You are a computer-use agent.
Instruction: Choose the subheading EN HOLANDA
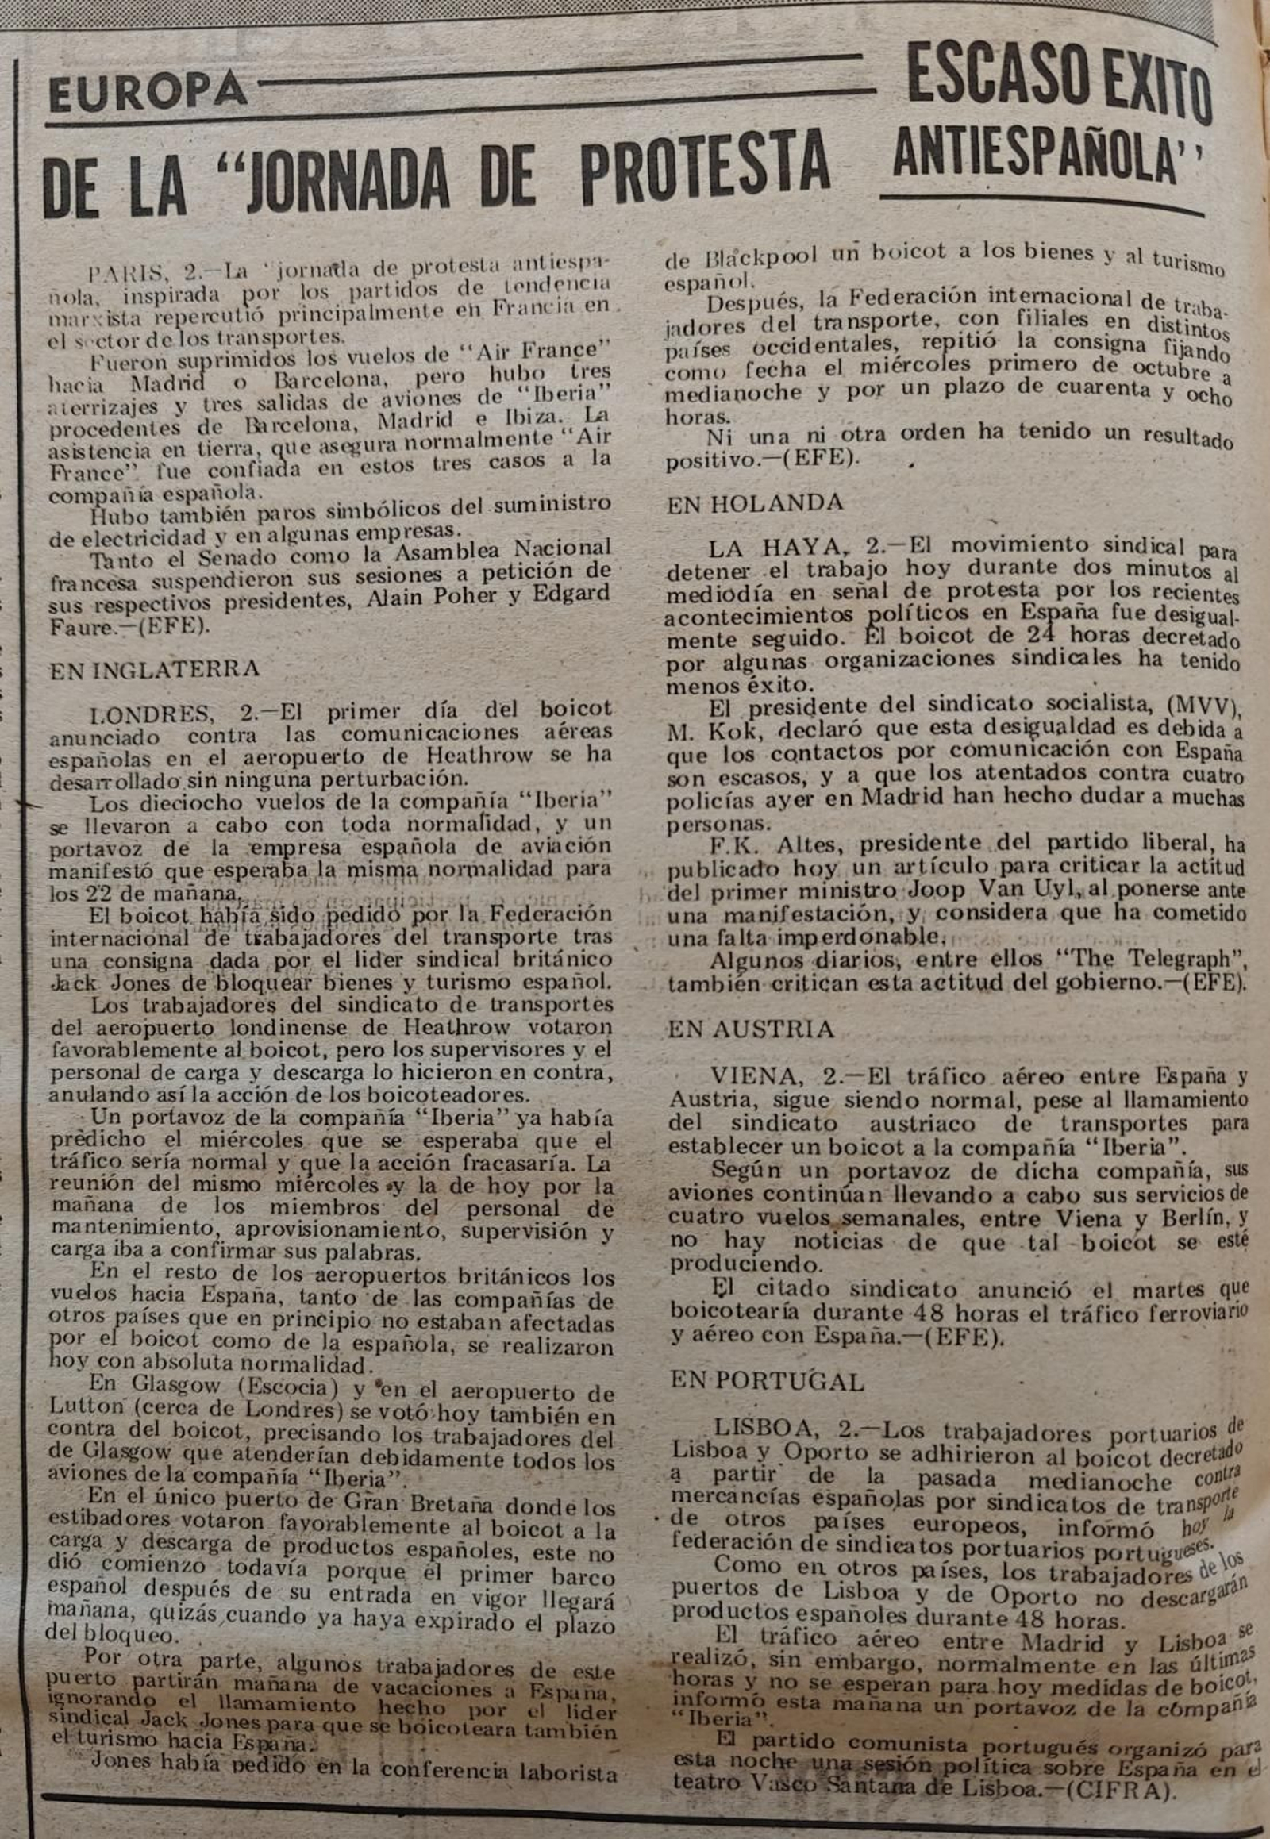(754, 502)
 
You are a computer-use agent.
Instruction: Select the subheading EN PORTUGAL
(767, 1381)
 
